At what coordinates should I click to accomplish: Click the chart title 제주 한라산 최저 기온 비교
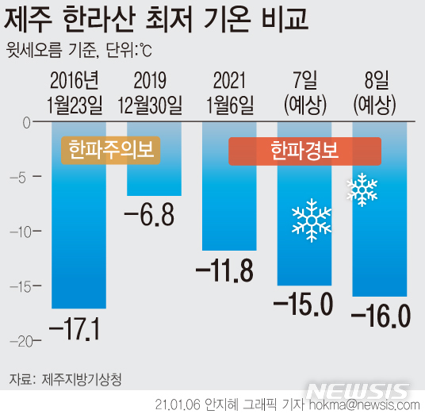coord(158,20)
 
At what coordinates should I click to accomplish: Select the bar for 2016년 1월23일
coord(78,238)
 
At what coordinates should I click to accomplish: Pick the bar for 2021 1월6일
coord(229,206)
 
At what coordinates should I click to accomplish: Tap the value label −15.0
coord(302,305)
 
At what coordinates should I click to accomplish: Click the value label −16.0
coord(380,316)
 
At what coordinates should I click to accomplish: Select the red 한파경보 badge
coord(305,151)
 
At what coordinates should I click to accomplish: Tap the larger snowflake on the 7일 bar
coord(311,220)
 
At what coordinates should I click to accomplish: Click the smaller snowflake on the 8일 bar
coord(362,189)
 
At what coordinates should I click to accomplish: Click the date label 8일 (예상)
coord(380,91)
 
